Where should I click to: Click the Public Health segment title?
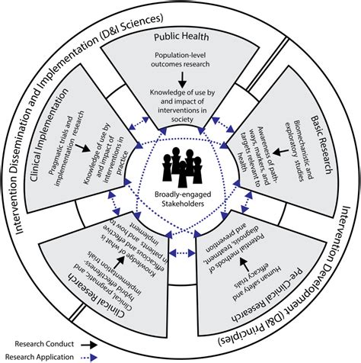pyautogui.click(x=180, y=36)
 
